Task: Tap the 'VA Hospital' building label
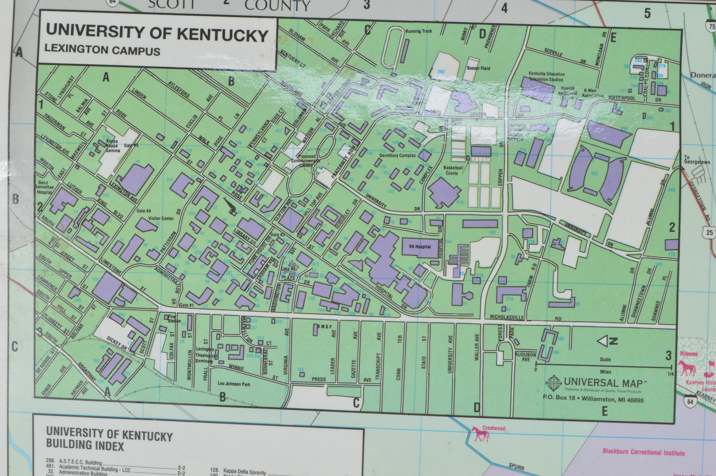419,247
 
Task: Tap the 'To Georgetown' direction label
697,160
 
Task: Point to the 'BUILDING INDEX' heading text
85,446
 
